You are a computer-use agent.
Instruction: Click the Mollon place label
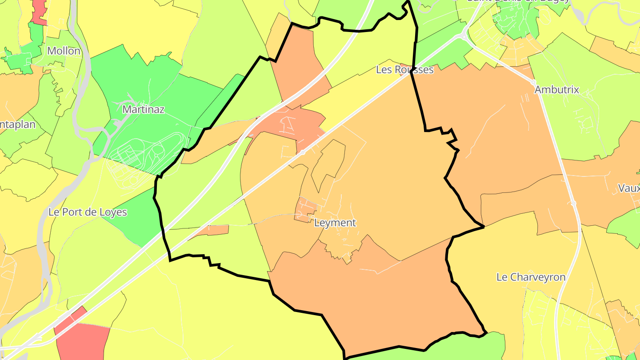pyautogui.click(x=64, y=51)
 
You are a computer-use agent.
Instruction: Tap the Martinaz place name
pyautogui.click(x=144, y=109)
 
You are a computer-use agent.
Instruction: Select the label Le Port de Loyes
pyautogui.click(x=88, y=212)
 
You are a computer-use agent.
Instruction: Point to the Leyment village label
pyautogui.click(x=335, y=223)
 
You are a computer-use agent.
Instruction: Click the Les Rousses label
pyautogui.click(x=404, y=70)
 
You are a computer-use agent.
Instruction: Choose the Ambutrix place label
pyautogui.click(x=557, y=89)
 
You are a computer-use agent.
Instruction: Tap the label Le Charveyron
pyautogui.click(x=531, y=277)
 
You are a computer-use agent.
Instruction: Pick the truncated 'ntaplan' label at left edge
pyautogui.click(x=18, y=124)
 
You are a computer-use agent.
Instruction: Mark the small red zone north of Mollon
pyautogui.click(x=39, y=12)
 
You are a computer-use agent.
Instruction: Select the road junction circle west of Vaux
pyautogui.click(x=574, y=203)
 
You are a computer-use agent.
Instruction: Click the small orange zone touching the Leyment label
pyautogui.click(x=306, y=209)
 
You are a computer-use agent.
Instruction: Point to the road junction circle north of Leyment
pyautogui.click(x=302, y=152)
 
